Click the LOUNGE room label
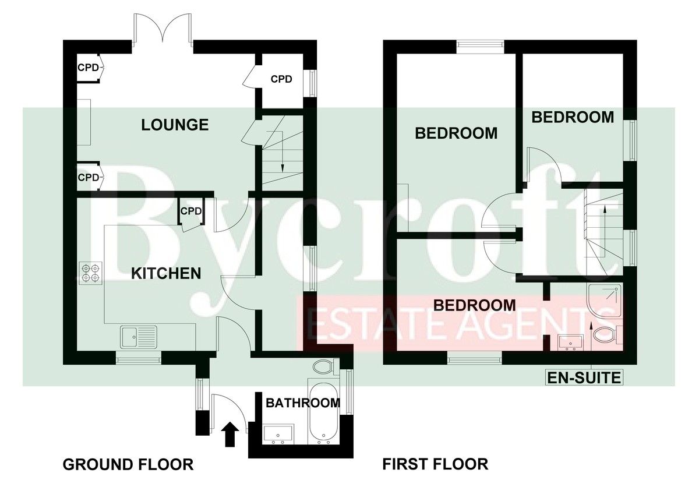point(175,125)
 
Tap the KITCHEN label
point(166,274)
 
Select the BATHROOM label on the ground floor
point(303,403)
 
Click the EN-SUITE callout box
point(584,378)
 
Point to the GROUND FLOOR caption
point(128,465)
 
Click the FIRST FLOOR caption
point(435,464)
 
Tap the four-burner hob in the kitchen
point(91,273)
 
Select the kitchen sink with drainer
point(139,337)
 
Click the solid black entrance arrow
point(230,434)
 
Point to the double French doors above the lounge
point(163,34)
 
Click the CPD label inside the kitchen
point(191,211)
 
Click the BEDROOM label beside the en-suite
point(474,305)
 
